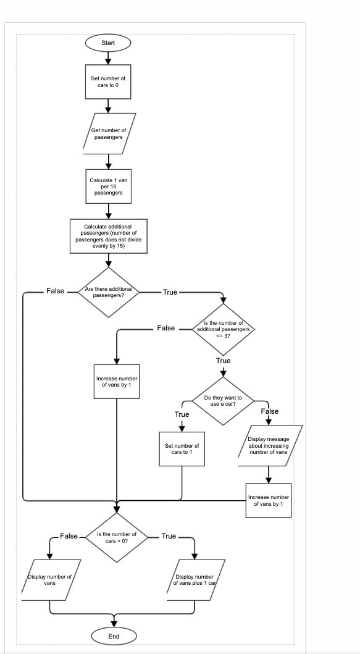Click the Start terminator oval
pyautogui.click(x=108, y=42)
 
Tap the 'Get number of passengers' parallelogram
pyautogui.click(x=109, y=133)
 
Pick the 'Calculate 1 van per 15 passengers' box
pyautogui.click(x=108, y=186)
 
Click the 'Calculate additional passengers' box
pyautogui.click(x=108, y=236)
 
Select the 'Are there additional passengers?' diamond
pyautogui.click(x=108, y=292)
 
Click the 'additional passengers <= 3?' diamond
pyautogui.click(x=224, y=328)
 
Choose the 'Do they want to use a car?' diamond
pyautogui.click(x=224, y=400)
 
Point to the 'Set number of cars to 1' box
pyautogui.click(x=182, y=448)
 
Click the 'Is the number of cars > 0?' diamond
pyautogui.click(x=117, y=537)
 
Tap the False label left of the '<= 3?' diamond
pyautogui.click(x=166, y=329)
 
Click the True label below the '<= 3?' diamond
pyautogui.click(x=224, y=361)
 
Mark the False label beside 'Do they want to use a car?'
pyautogui.click(x=270, y=411)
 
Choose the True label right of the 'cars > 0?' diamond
pyautogui.click(x=169, y=536)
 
